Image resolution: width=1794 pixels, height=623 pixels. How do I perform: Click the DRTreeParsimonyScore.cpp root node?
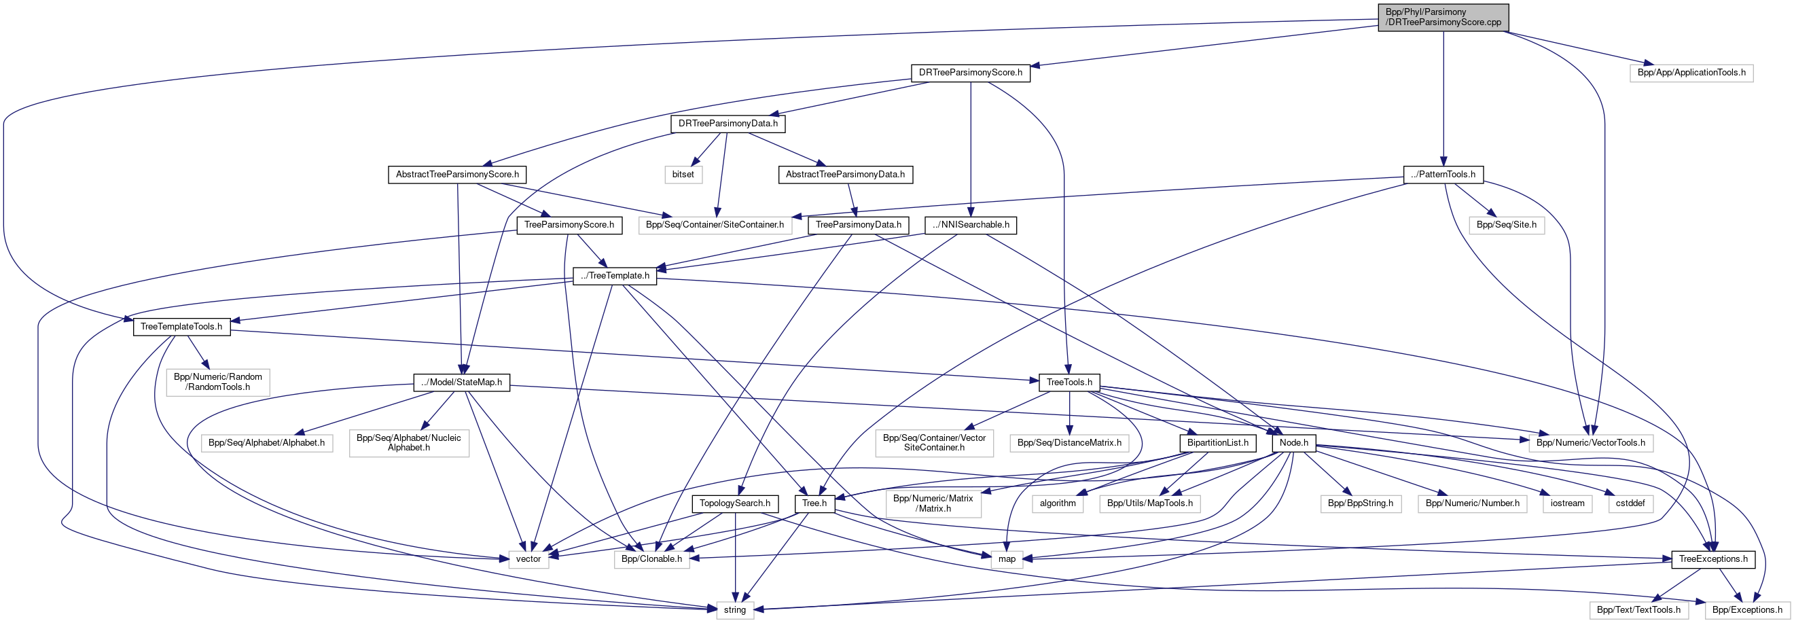(x=1443, y=18)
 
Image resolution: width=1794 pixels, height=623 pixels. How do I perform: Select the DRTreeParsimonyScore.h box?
(x=970, y=73)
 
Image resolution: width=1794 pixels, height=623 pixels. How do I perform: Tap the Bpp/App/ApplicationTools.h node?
(x=1691, y=73)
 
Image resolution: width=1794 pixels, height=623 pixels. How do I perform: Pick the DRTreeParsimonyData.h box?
(x=728, y=124)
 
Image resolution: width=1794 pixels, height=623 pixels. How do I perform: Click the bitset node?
(x=683, y=174)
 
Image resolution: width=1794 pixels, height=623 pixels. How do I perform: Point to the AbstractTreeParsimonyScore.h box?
(x=457, y=174)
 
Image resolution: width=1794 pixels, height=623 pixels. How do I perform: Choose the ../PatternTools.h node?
(x=1443, y=174)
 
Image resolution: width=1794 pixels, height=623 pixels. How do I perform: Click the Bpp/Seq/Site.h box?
(x=1507, y=225)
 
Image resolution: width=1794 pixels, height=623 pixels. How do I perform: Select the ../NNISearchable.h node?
(x=970, y=225)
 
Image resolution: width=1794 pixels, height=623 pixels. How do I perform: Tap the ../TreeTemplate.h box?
(x=614, y=276)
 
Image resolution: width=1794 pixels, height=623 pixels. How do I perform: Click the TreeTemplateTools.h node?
(x=181, y=327)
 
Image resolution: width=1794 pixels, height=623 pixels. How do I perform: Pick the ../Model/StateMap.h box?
(x=461, y=382)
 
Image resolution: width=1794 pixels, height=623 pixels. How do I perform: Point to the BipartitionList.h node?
(x=1217, y=442)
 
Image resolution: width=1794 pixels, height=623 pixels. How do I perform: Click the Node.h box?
(x=1294, y=442)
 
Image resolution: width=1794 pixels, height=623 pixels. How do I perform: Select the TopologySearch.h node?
(x=735, y=503)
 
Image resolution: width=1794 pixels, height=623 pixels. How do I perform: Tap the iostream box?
(x=1567, y=503)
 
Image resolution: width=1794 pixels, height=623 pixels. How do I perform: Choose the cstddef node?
(x=1630, y=503)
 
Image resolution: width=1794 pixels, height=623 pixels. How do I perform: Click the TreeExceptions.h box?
(x=1712, y=559)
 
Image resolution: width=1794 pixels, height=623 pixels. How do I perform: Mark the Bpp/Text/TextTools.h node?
(x=1638, y=610)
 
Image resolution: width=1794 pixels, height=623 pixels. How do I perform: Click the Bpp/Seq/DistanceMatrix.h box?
(x=1069, y=442)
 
